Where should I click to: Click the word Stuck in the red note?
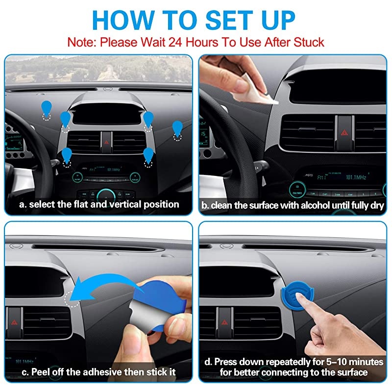[x=307, y=42]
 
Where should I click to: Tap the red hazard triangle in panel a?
[x=106, y=141]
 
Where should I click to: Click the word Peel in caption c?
[x=39, y=372]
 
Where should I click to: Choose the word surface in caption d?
[x=351, y=372]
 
